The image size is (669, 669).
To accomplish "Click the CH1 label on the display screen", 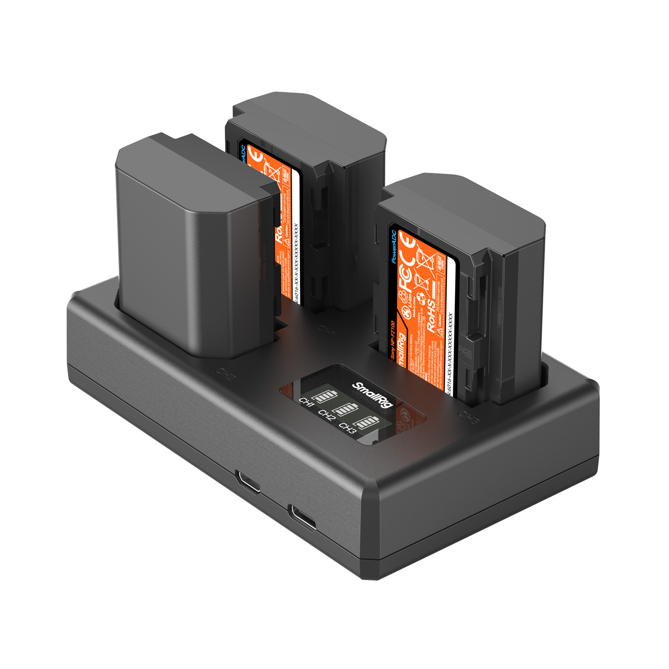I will click(x=306, y=403).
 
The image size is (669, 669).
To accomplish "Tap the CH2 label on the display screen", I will click(x=326, y=415).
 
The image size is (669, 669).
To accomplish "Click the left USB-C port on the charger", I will click(x=247, y=481).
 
